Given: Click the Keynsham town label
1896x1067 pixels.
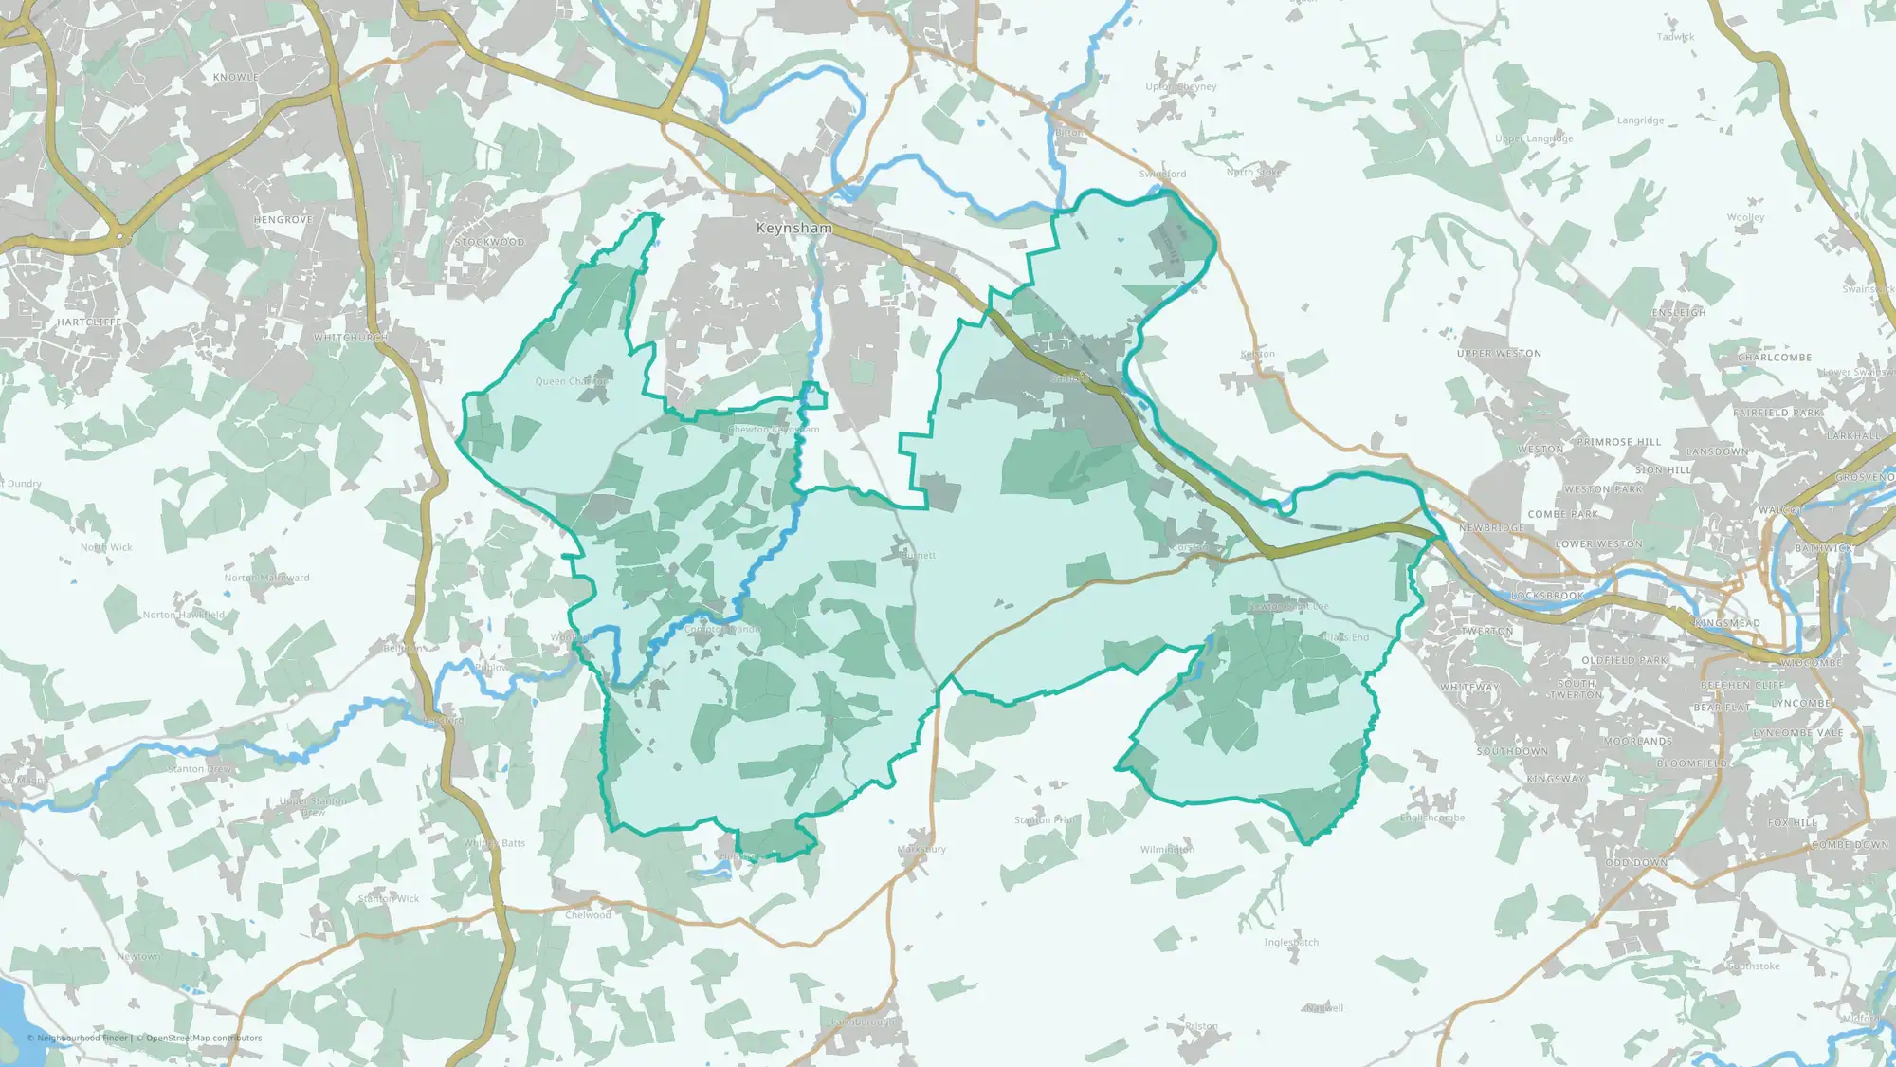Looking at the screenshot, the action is coord(793,229).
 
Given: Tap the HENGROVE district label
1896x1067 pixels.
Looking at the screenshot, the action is coord(283,220).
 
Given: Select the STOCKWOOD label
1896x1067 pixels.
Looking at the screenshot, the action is coord(489,242).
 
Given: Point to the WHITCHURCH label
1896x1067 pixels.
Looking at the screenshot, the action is coord(350,338).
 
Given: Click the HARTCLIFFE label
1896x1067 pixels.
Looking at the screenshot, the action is coord(89,322).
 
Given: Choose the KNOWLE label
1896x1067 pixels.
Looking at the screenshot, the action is coord(235,78).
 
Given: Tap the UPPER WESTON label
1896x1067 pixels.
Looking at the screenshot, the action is coord(1499,354).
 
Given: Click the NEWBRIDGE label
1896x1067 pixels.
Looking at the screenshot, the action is coord(1491,528).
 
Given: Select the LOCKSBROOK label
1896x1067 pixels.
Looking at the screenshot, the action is coord(1547,596).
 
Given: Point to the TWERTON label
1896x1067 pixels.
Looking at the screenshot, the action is coord(1487,631).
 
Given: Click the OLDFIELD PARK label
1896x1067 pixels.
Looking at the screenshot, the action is coord(1624,660).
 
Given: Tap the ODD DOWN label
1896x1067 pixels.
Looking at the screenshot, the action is coord(1636,863).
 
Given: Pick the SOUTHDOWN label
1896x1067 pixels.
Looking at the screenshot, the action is coord(1512,751).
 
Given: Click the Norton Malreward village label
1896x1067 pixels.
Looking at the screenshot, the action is coord(266,578).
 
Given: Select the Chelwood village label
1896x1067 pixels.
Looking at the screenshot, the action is coord(588,915).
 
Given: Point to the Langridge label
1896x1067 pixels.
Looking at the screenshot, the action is coord(1640,120).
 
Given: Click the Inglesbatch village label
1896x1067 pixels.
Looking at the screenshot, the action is coord(1290,942).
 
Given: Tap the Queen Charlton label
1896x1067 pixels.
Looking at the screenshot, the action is coord(571,381).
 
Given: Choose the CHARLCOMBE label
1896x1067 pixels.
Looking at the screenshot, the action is coord(1774,358).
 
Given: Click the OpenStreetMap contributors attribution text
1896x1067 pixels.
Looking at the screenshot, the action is coord(204,1038).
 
